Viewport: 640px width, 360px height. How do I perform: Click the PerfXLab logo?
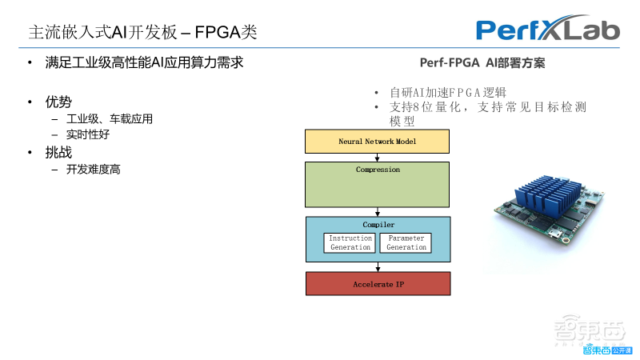pyautogui.click(x=548, y=30)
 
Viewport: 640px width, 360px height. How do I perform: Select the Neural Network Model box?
pyautogui.click(x=377, y=142)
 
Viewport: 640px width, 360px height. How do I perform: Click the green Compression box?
pyautogui.click(x=377, y=185)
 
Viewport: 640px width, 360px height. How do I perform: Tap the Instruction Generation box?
pyautogui.click(x=350, y=243)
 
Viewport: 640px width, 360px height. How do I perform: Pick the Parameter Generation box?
pyautogui.click(x=406, y=243)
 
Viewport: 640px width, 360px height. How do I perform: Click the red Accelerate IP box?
pyautogui.click(x=377, y=284)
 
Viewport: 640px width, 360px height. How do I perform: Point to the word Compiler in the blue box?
pyautogui.click(x=377, y=225)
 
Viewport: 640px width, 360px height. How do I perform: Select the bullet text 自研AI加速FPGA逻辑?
pyautogui.click(x=448, y=93)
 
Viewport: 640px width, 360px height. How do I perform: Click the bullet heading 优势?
pyautogui.click(x=58, y=102)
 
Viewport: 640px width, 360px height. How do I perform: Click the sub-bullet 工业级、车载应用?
pyautogui.click(x=110, y=119)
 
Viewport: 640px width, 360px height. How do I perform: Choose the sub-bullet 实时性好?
pyautogui.click(x=88, y=135)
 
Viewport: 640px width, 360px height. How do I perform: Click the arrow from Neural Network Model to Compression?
pyautogui.click(x=377, y=158)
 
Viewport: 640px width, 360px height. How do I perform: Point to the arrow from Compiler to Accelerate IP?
pyautogui.click(x=377, y=267)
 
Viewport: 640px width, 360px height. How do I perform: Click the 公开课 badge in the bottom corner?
pyautogui.click(x=622, y=349)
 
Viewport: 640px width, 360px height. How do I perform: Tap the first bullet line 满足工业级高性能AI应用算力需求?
pyautogui.click(x=144, y=62)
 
